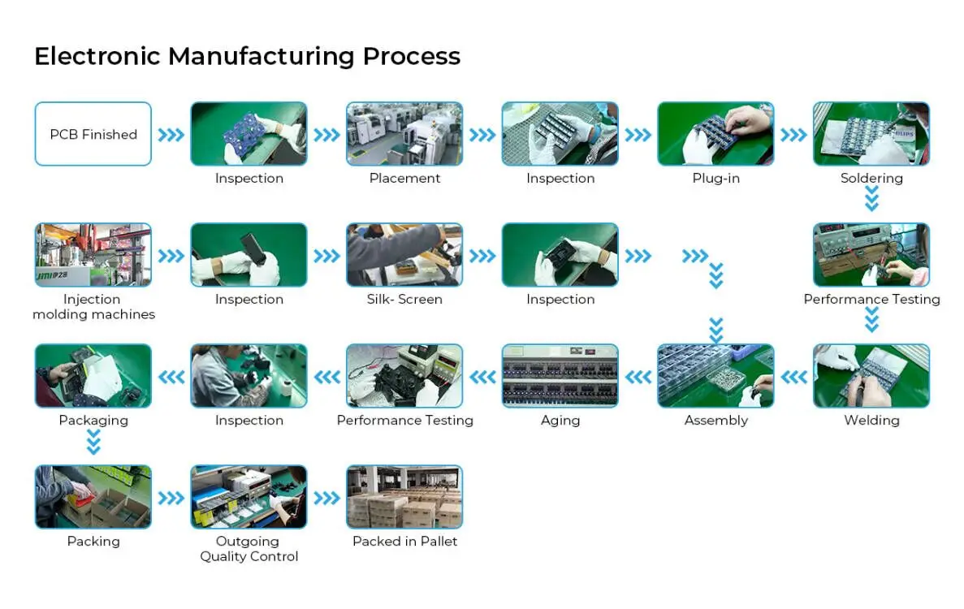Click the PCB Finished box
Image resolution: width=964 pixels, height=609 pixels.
coord(93,134)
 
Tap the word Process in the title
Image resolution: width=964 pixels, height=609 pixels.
coord(411,56)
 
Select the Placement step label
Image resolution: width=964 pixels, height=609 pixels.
coord(404,179)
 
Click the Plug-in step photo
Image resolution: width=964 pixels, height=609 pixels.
coord(715,134)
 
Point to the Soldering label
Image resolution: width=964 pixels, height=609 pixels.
coord(871,179)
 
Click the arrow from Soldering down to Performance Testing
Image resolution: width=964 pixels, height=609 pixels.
coord(871,199)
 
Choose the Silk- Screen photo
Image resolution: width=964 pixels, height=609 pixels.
coord(404,255)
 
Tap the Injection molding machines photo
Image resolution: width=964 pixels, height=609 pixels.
coord(93,255)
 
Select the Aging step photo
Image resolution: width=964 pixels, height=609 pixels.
coord(560,376)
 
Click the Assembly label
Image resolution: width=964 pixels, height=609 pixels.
coord(715,421)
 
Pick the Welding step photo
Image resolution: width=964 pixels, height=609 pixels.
coord(871,376)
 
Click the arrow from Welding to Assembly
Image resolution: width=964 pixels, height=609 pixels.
coord(793,377)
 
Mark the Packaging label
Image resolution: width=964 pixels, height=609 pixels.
coord(93,421)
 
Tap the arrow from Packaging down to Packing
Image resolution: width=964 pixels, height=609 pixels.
coord(93,443)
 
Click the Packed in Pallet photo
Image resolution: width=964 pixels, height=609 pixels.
coord(404,497)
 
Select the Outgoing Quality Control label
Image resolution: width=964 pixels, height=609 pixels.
coord(249,549)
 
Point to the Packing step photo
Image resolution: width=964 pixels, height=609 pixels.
coord(93,497)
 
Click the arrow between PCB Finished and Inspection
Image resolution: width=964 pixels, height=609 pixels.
coord(171,135)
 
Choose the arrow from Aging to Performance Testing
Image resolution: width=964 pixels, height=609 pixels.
coord(482,377)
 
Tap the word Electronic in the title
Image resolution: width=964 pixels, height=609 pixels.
coord(97,56)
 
